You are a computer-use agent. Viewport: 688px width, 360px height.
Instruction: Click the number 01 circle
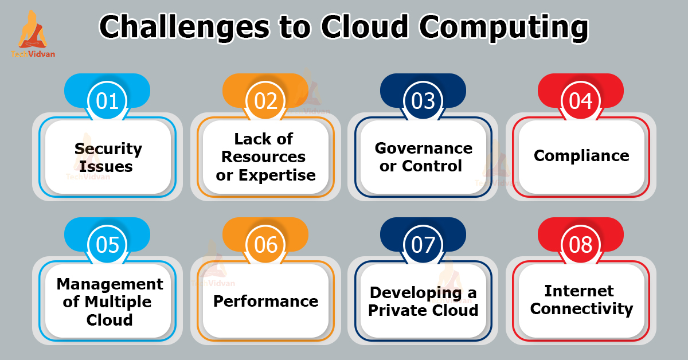(108, 101)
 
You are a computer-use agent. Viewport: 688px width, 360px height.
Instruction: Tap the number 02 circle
(265, 101)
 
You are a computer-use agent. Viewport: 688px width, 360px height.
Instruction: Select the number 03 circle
(424, 101)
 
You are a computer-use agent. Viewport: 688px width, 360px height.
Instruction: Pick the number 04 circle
(581, 101)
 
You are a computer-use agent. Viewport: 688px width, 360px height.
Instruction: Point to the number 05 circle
(108, 245)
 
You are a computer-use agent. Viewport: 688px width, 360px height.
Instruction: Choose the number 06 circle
(265, 245)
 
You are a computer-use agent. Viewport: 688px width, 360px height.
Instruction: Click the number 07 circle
(424, 245)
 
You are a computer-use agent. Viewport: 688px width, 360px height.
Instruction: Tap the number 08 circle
(581, 245)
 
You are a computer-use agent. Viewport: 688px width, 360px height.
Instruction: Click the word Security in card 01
(108, 149)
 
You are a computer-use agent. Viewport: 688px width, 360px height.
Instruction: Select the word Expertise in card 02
(274, 175)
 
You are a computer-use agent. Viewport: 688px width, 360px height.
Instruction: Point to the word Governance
(424, 148)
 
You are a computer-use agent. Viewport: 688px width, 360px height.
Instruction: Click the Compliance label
(581, 155)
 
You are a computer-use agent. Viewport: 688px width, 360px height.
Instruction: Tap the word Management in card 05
(110, 284)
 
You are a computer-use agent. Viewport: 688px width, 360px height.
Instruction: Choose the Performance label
(265, 301)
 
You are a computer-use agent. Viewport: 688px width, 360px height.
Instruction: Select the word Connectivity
(581, 309)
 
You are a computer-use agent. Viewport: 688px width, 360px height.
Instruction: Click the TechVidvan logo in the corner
(33, 34)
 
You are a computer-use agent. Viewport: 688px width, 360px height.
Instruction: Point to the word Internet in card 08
(579, 291)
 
